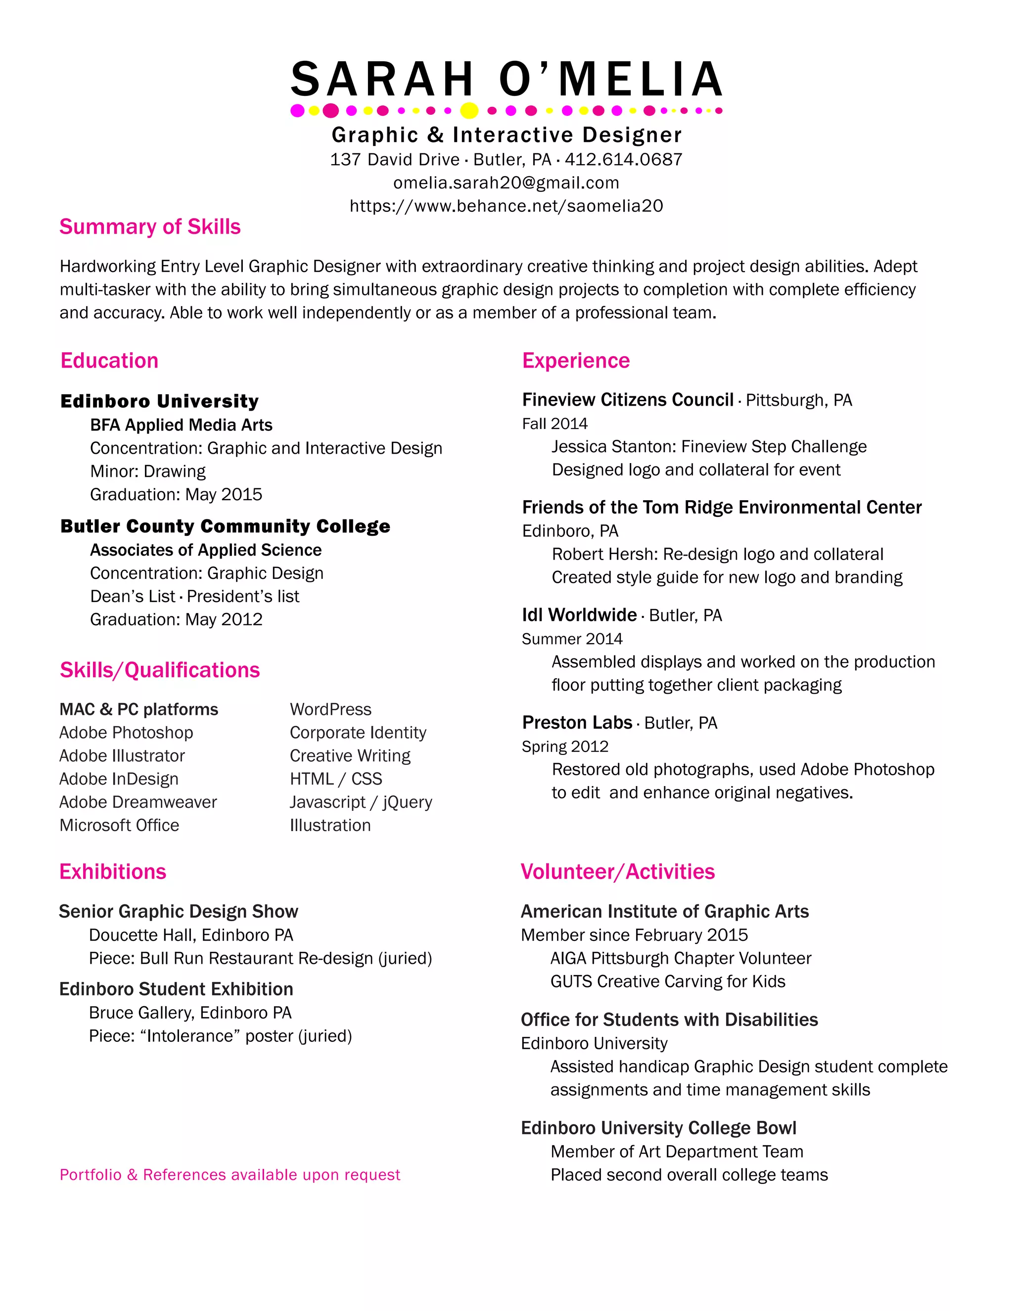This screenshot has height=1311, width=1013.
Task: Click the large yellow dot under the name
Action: point(469,110)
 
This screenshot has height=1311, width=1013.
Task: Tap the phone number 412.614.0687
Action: point(624,160)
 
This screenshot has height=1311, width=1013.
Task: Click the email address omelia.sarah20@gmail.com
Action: point(506,183)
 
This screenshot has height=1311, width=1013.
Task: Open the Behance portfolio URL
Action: point(506,206)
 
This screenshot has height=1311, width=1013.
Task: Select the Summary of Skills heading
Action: point(150,227)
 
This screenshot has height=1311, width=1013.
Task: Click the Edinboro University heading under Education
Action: point(160,401)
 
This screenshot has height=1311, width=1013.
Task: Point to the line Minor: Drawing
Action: point(147,471)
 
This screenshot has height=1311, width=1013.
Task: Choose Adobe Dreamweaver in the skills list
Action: point(138,802)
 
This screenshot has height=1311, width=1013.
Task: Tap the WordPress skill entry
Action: point(331,709)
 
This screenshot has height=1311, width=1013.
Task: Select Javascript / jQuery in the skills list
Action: point(361,802)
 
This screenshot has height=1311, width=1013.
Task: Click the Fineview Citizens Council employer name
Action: point(628,400)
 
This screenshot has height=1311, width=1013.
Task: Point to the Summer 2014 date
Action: point(572,639)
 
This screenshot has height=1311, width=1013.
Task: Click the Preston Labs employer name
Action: point(577,723)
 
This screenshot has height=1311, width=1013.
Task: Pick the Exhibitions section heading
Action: point(113,872)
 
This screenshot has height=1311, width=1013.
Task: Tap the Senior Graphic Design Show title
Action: point(178,911)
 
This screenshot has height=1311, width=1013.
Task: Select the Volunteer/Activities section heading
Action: point(617,872)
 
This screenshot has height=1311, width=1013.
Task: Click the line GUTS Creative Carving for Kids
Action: point(668,982)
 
